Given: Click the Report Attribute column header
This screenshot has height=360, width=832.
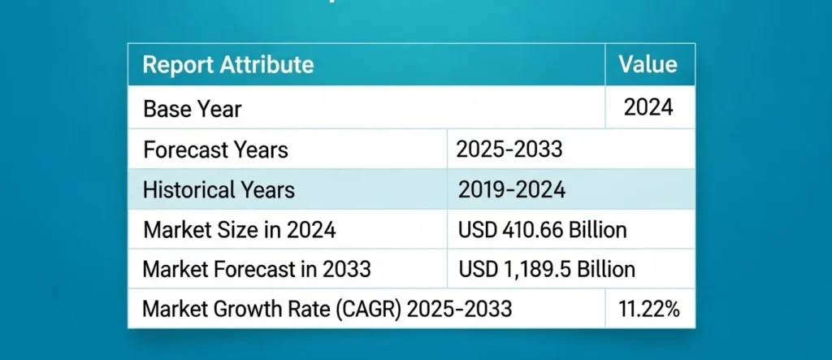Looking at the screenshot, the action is (x=228, y=65).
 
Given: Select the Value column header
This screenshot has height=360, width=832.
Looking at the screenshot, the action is (x=648, y=64).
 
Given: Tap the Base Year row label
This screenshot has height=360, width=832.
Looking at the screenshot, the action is (x=192, y=110).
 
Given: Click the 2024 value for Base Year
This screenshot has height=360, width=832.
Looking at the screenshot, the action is (x=648, y=107).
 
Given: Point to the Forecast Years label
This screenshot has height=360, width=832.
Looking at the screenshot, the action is (x=215, y=150).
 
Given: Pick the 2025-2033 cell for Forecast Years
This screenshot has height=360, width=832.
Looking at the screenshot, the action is (x=509, y=150).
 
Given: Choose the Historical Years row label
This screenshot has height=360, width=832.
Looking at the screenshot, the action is (x=219, y=190).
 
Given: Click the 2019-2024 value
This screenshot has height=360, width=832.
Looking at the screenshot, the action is (x=512, y=189).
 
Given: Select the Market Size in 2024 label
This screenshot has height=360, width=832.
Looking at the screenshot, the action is (x=240, y=230).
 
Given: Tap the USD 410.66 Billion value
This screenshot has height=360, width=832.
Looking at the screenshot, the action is (x=543, y=230).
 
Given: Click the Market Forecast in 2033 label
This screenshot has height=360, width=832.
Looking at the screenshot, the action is (x=257, y=269).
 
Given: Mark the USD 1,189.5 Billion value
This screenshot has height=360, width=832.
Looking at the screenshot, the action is (x=547, y=269).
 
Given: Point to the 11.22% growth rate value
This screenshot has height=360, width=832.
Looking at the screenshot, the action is (x=649, y=309).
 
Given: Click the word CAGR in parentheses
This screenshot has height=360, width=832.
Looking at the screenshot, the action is (x=369, y=309).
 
